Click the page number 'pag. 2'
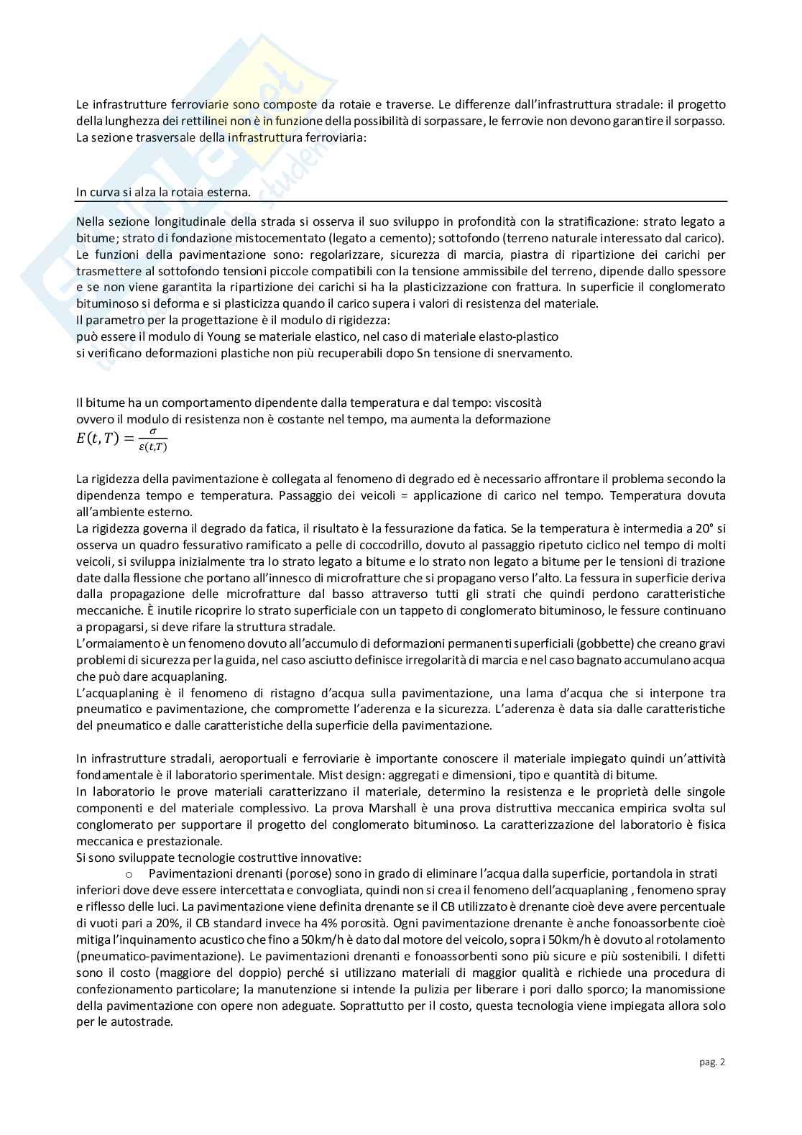[x=711, y=1062]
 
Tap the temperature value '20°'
[x=696, y=528]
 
